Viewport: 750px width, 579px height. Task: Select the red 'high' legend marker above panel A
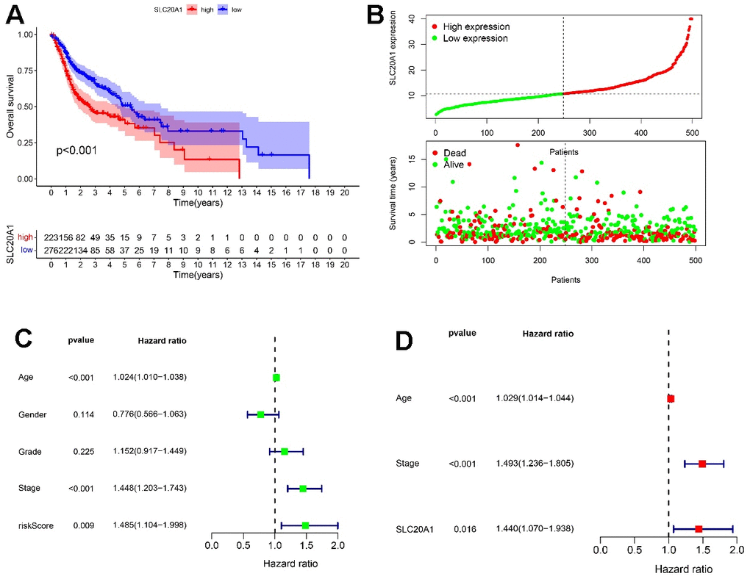pyautogui.click(x=194, y=10)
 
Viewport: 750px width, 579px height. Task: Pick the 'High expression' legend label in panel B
pyautogui.click(x=476, y=26)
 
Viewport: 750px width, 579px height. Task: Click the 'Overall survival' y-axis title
pyautogui.click(x=10, y=107)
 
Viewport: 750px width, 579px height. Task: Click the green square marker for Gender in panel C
pyautogui.click(x=260, y=414)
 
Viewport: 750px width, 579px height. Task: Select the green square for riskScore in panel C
pyautogui.click(x=305, y=525)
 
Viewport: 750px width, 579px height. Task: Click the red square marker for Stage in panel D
pyautogui.click(x=702, y=464)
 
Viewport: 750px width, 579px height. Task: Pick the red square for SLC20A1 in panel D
pyautogui.click(x=699, y=529)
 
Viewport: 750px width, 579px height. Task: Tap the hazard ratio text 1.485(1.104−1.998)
pyautogui.click(x=149, y=525)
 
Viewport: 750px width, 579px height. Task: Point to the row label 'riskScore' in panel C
pyautogui.click(x=36, y=525)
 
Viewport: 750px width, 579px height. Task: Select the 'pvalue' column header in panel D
pyautogui.click(x=462, y=333)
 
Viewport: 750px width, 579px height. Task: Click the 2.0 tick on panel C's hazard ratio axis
pyautogui.click(x=337, y=546)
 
